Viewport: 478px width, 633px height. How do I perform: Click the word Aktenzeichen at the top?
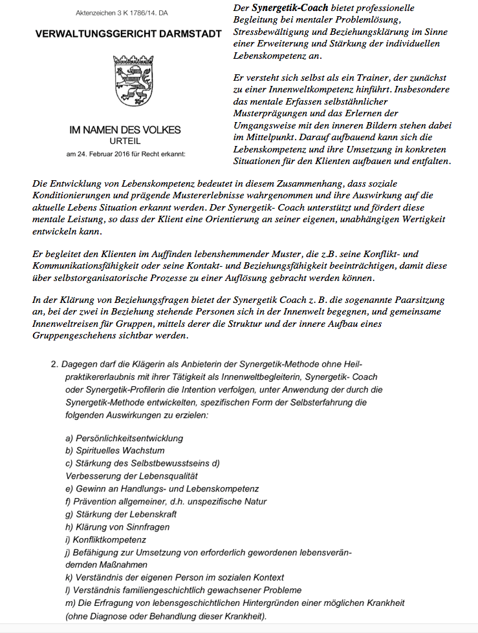pos(96,12)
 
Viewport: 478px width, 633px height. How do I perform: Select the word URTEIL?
pos(125,141)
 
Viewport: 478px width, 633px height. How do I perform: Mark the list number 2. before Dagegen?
pos(55,365)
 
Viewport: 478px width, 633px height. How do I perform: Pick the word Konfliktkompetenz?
pos(109,539)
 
